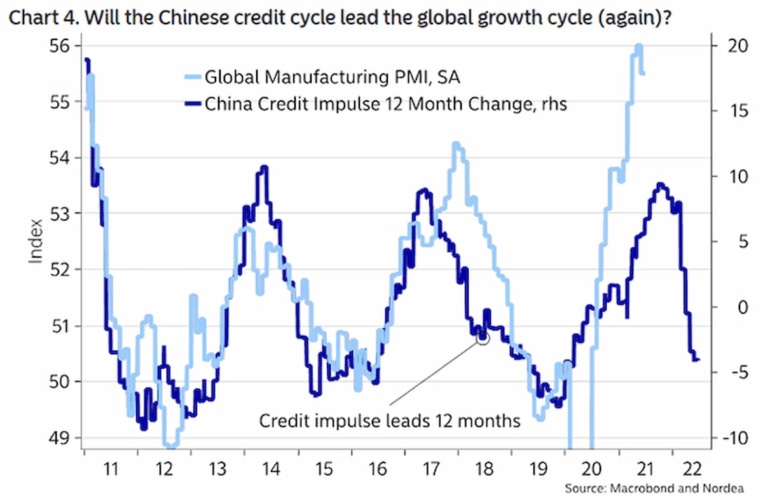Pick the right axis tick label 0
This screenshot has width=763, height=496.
[721, 307]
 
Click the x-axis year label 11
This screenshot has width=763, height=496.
[111, 470]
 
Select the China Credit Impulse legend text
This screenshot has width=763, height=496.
[385, 104]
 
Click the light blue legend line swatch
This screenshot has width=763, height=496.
[189, 78]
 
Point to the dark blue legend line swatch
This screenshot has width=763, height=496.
[189, 104]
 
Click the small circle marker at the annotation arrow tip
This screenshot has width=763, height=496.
[483, 338]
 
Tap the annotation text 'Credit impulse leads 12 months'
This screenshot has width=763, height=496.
[389, 421]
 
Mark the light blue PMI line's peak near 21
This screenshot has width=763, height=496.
[638, 46]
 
